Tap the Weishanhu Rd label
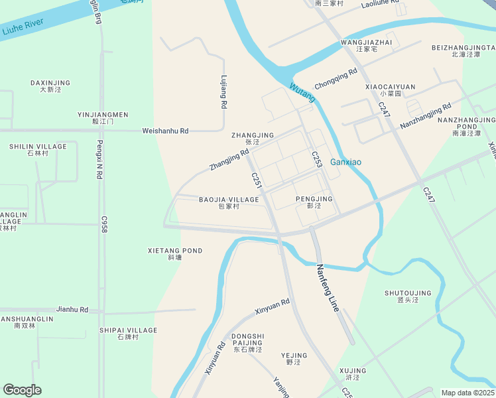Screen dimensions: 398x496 pyautogui.click(x=165, y=131)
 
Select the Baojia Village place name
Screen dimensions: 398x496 pyautogui.click(x=229, y=200)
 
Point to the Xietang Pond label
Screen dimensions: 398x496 pyautogui.click(x=175, y=251)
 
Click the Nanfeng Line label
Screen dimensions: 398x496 pyautogui.click(x=328, y=288)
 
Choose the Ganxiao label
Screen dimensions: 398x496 pyautogui.click(x=345, y=162)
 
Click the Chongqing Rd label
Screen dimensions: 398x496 pyautogui.click(x=336, y=80)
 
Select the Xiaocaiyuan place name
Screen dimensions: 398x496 pyautogui.click(x=390, y=87)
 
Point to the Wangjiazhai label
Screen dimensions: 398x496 pyautogui.click(x=366, y=42)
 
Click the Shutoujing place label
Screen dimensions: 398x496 pyautogui.click(x=408, y=293)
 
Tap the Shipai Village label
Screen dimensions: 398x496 pyautogui.click(x=128, y=330)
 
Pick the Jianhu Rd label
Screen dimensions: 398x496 pyautogui.click(x=72, y=309)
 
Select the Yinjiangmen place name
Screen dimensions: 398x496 pyautogui.click(x=103, y=115)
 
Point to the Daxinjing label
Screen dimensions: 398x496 pyautogui.click(x=50, y=83)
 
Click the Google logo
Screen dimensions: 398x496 pyautogui.click(x=22, y=390)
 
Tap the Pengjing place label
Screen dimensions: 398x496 pyautogui.click(x=314, y=199)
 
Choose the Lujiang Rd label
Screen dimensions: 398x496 pyautogui.click(x=224, y=92)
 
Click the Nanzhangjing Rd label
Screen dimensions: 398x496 pyautogui.click(x=425, y=115)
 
